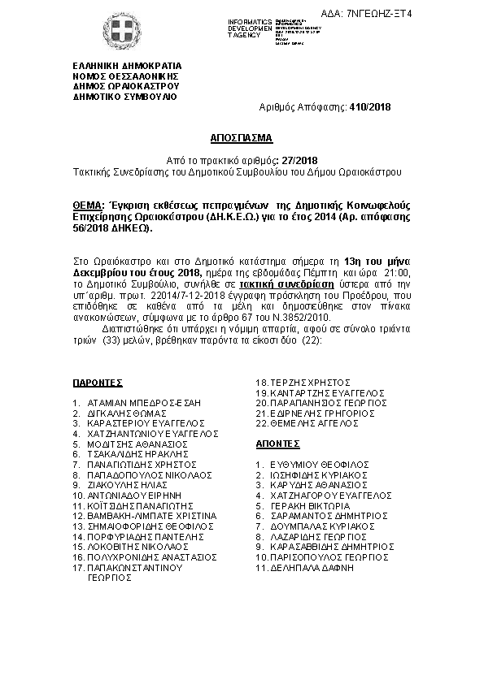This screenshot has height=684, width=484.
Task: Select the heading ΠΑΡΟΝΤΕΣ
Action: point(97,381)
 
